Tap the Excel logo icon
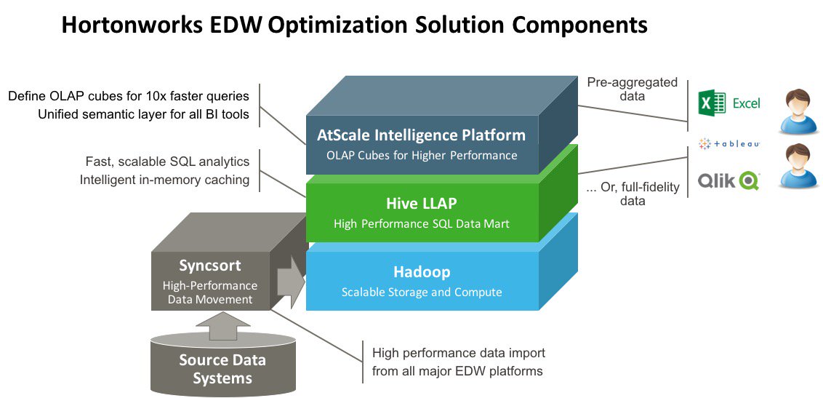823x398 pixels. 712,103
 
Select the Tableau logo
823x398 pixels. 728,144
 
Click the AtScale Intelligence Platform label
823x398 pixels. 421,135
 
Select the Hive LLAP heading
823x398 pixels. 421,204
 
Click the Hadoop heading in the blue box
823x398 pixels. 422,272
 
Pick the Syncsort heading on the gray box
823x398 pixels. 209,266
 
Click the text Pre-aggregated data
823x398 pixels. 632,89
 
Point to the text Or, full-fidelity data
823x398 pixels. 632,194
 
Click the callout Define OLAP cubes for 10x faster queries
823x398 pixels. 129,95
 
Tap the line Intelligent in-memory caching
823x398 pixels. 164,179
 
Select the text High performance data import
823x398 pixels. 458,353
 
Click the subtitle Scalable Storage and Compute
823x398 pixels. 422,292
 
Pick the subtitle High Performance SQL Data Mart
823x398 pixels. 422,224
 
